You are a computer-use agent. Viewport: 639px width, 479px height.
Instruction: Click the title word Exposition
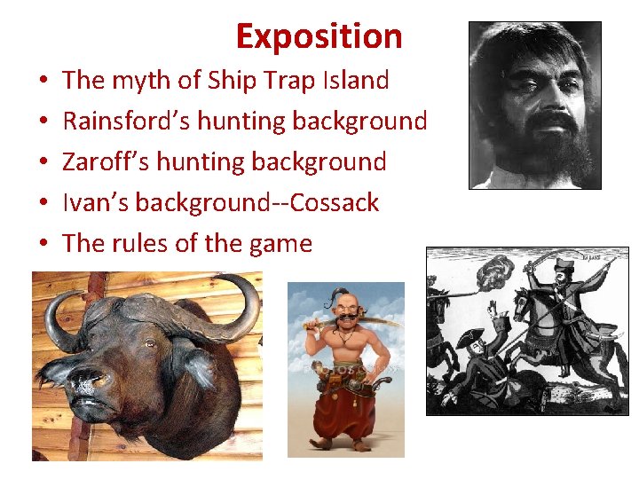coord(319,36)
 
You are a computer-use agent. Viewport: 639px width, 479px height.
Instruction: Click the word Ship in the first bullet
coord(232,81)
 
